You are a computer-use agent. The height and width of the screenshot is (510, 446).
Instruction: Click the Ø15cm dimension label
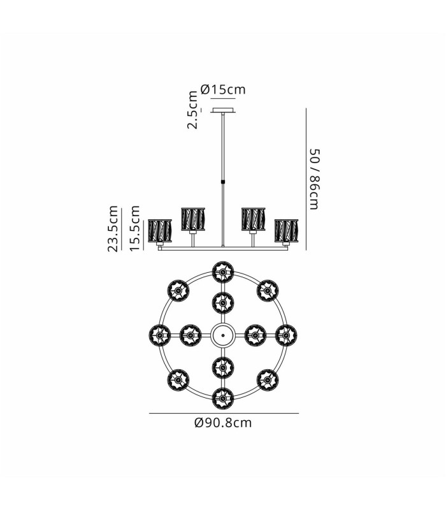[223, 89]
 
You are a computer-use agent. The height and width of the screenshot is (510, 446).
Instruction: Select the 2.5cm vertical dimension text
[192, 110]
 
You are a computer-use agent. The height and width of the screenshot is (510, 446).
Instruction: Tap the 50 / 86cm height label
[315, 179]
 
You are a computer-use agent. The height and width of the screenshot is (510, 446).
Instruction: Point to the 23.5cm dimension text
[113, 229]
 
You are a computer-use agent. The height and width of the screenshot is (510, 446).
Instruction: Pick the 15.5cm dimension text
[134, 228]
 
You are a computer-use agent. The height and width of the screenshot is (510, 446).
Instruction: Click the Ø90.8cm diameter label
[223, 423]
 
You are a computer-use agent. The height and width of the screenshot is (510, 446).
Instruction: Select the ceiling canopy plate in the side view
[223, 110]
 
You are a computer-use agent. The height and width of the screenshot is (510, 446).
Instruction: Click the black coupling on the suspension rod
[223, 181]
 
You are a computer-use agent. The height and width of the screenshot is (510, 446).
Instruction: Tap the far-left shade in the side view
[160, 231]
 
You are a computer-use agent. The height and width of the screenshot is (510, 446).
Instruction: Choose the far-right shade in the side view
[286, 231]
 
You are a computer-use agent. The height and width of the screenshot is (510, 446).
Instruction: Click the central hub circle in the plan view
[223, 335]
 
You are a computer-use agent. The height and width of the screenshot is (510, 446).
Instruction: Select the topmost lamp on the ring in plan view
[223, 272]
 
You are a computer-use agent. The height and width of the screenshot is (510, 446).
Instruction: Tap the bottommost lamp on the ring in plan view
[223, 398]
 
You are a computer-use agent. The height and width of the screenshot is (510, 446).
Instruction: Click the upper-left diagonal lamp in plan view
[178, 291]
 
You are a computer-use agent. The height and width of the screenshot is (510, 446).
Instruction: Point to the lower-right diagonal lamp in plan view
[268, 380]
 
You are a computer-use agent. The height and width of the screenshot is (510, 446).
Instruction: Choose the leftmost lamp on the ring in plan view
[160, 335]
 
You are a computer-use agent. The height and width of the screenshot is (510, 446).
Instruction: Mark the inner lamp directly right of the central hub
[255, 335]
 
